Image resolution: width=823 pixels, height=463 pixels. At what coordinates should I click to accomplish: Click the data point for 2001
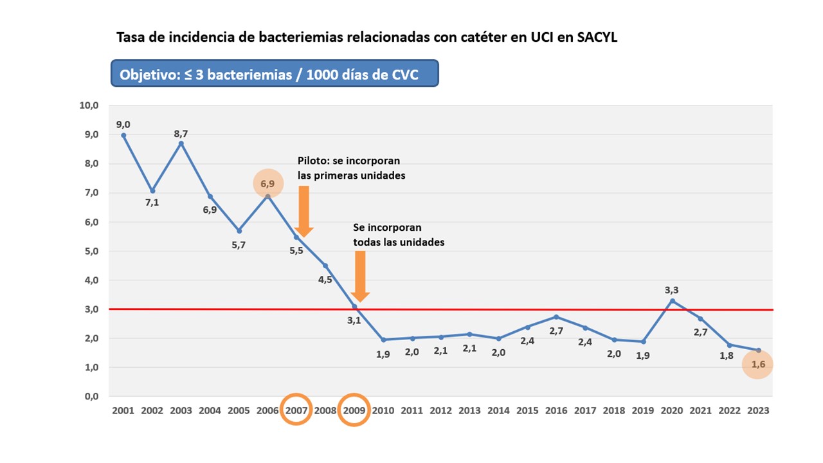[x=123, y=135]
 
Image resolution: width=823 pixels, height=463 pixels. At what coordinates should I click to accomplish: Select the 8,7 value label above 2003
[x=181, y=134]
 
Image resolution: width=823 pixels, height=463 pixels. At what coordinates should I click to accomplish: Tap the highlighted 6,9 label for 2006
[x=267, y=184]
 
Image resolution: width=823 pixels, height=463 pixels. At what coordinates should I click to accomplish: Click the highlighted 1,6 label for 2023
[x=758, y=365]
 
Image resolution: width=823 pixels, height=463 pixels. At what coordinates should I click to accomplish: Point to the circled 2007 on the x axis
[x=296, y=410]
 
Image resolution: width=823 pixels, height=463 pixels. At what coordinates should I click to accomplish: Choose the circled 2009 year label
[x=354, y=410]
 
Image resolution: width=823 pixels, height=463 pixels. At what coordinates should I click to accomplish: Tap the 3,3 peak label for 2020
[x=672, y=290]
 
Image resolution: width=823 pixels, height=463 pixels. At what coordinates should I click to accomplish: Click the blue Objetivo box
[x=275, y=74]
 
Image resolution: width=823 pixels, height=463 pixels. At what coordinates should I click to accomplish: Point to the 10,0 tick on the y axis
[x=89, y=105]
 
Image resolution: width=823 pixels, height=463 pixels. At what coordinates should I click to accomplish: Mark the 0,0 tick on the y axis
[x=89, y=396]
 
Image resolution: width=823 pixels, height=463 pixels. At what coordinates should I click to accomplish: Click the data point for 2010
[x=383, y=340]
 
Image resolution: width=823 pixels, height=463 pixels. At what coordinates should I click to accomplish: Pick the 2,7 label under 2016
[x=556, y=331]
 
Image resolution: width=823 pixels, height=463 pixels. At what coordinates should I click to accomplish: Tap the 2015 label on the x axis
[x=527, y=410]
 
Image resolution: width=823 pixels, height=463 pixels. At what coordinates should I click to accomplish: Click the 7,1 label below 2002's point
[x=152, y=203]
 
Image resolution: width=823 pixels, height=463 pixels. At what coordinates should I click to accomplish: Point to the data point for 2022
[x=729, y=345]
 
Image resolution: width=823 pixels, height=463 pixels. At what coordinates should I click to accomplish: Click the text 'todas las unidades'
[x=399, y=242]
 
